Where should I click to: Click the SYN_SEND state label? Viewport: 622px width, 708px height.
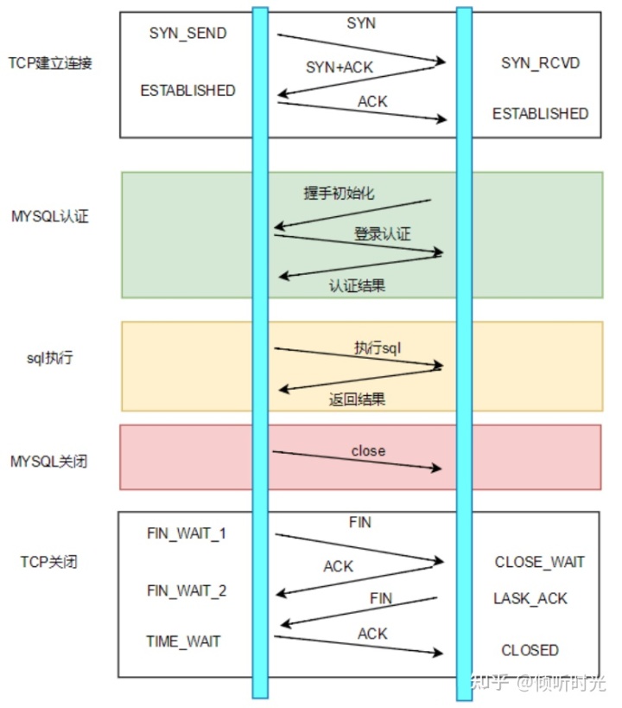(x=187, y=33)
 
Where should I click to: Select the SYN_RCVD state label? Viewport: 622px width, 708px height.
(x=541, y=64)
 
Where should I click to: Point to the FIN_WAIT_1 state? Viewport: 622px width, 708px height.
(x=187, y=533)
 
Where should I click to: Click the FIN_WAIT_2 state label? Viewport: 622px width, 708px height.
(x=187, y=591)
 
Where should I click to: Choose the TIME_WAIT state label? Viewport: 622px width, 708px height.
(x=183, y=641)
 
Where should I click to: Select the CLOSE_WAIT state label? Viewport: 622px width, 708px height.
(x=539, y=562)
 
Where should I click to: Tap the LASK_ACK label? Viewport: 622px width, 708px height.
(x=530, y=598)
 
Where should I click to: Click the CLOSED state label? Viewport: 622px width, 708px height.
(x=530, y=650)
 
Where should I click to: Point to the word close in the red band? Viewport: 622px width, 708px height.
(x=368, y=450)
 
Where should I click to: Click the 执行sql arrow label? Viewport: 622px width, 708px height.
(x=378, y=348)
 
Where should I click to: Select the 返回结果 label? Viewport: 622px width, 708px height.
(x=357, y=399)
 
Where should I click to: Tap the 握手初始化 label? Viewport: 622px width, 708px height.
(x=340, y=193)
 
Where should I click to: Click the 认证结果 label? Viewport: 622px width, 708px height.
(x=357, y=285)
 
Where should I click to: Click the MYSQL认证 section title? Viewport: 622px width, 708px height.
(x=50, y=216)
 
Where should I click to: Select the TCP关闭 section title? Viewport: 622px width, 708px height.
(x=49, y=562)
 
